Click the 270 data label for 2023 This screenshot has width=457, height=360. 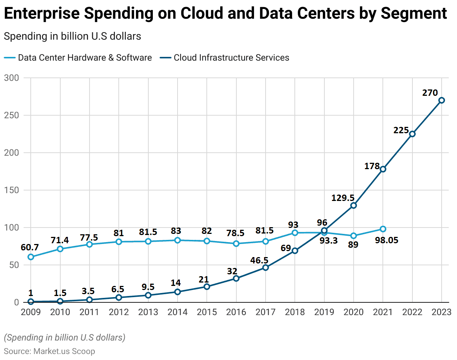430,93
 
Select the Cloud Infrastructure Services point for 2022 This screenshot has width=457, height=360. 412,134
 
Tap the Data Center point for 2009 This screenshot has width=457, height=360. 31,257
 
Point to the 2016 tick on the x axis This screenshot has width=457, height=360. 236,312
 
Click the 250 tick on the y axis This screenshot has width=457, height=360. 12,115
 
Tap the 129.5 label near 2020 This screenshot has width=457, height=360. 343,197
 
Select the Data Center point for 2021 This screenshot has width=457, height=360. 383,229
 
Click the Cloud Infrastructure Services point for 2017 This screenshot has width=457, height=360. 266,268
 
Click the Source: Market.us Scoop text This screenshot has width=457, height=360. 49,351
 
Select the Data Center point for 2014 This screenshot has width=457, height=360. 177,240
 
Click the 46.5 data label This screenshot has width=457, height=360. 259,260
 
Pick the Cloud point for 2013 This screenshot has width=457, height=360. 148,295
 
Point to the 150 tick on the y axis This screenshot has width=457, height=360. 12,190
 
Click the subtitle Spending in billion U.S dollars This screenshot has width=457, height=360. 72,36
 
